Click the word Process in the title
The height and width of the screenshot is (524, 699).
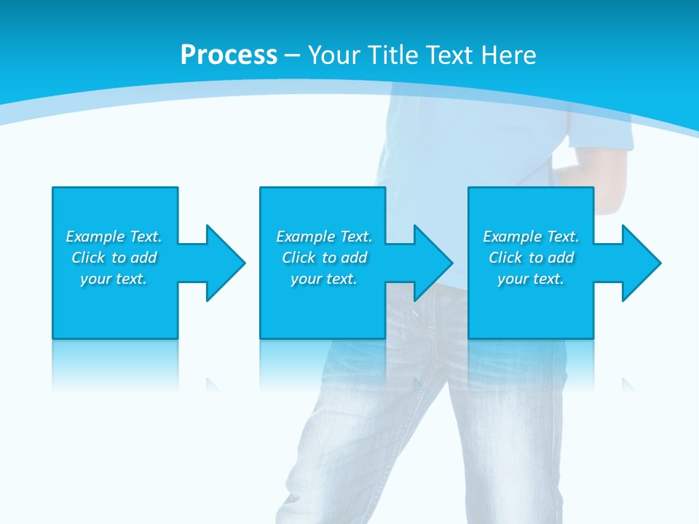[x=229, y=55]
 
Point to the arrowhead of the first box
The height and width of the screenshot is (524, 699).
[x=225, y=263]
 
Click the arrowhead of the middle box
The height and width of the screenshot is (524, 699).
[x=433, y=263]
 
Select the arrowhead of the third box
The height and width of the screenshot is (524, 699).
[x=641, y=263]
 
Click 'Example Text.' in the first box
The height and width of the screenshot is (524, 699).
[x=114, y=237]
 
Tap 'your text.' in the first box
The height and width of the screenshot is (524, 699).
[x=114, y=279]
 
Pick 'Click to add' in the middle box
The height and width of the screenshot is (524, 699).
[x=324, y=258]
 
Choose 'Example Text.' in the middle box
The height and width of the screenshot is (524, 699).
[x=324, y=237]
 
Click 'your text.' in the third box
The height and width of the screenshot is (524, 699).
[x=531, y=279]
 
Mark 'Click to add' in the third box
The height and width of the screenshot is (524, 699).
[x=531, y=258]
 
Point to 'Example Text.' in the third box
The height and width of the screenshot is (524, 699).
[x=531, y=237]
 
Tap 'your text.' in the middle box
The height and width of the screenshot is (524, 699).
[x=324, y=279]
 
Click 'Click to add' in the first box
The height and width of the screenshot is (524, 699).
[x=114, y=258]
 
